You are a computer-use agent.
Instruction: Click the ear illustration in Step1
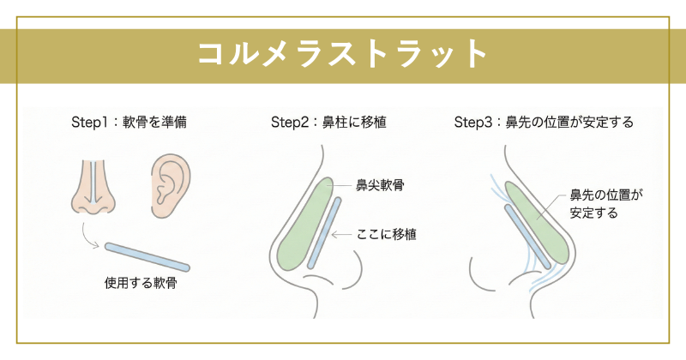point(171,183)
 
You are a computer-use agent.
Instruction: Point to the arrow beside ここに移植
point(343,233)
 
